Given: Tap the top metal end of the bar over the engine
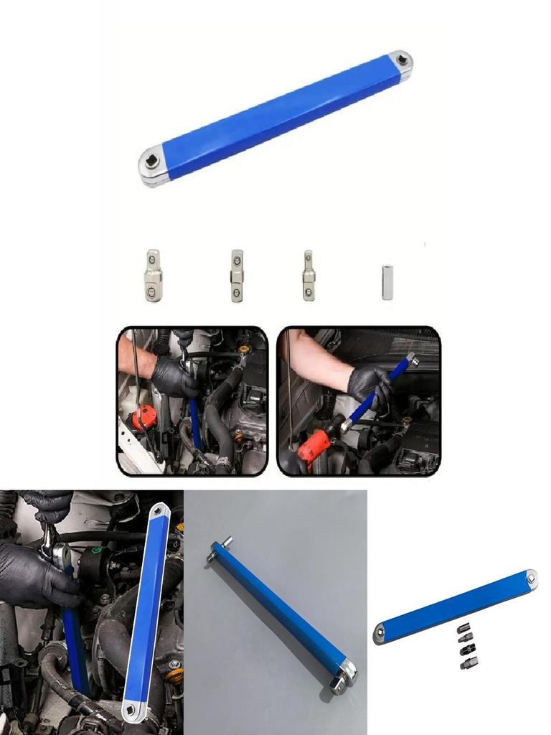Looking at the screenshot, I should pos(159,513).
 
